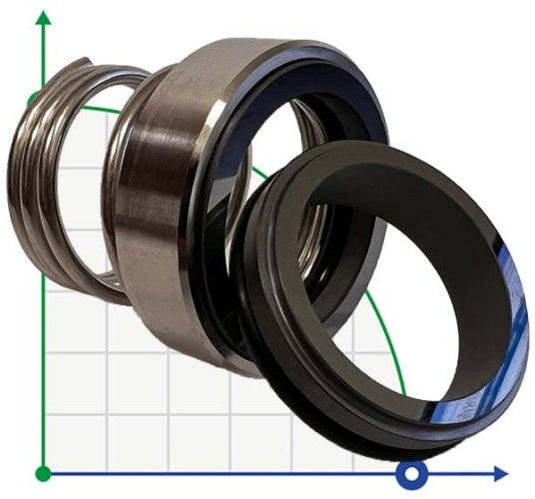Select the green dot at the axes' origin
[42, 472]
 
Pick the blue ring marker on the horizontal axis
[410, 472]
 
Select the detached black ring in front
[299, 329]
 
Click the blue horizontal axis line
[250, 472]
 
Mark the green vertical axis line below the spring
[42, 379]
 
